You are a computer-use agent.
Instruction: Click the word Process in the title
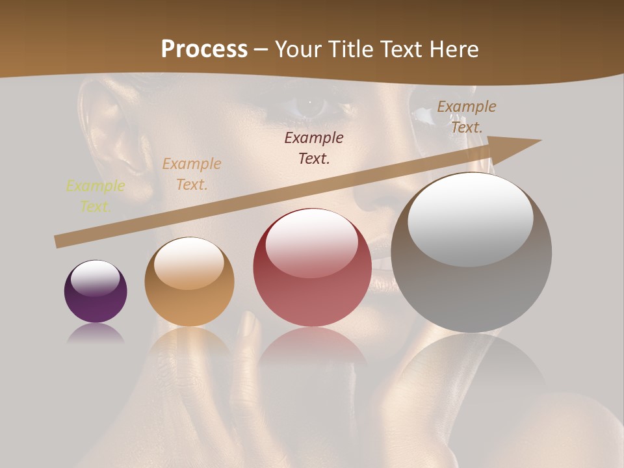click(x=204, y=49)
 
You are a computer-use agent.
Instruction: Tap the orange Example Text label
click(x=192, y=174)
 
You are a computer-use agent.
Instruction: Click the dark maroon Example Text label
click(x=314, y=148)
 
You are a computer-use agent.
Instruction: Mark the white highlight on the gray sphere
click(x=470, y=218)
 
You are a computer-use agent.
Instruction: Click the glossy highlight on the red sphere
click(x=311, y=242)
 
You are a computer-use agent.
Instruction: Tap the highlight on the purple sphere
click(x=95, y=278)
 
